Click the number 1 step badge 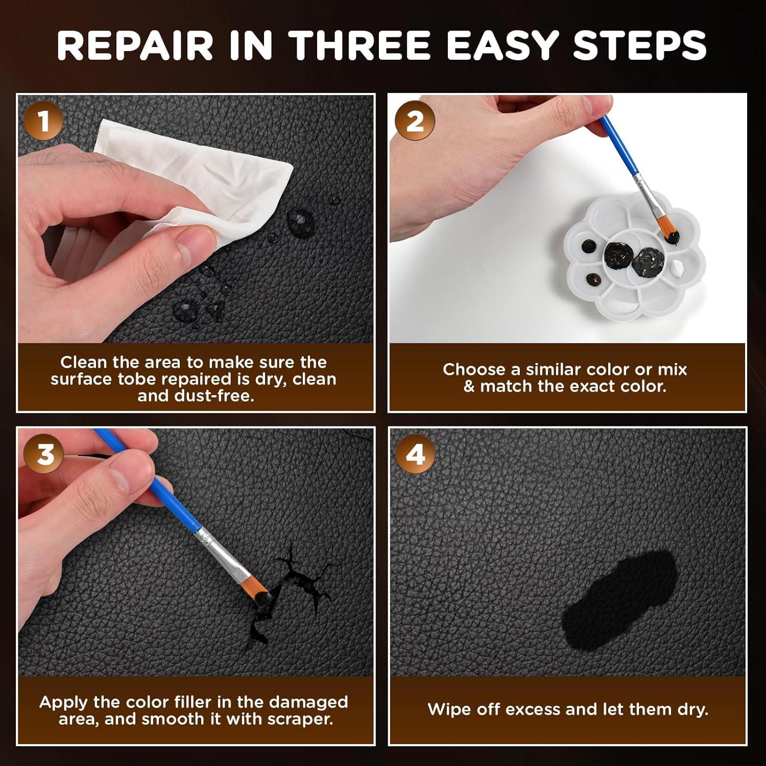43,122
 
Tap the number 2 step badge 415,122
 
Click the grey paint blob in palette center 648,260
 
